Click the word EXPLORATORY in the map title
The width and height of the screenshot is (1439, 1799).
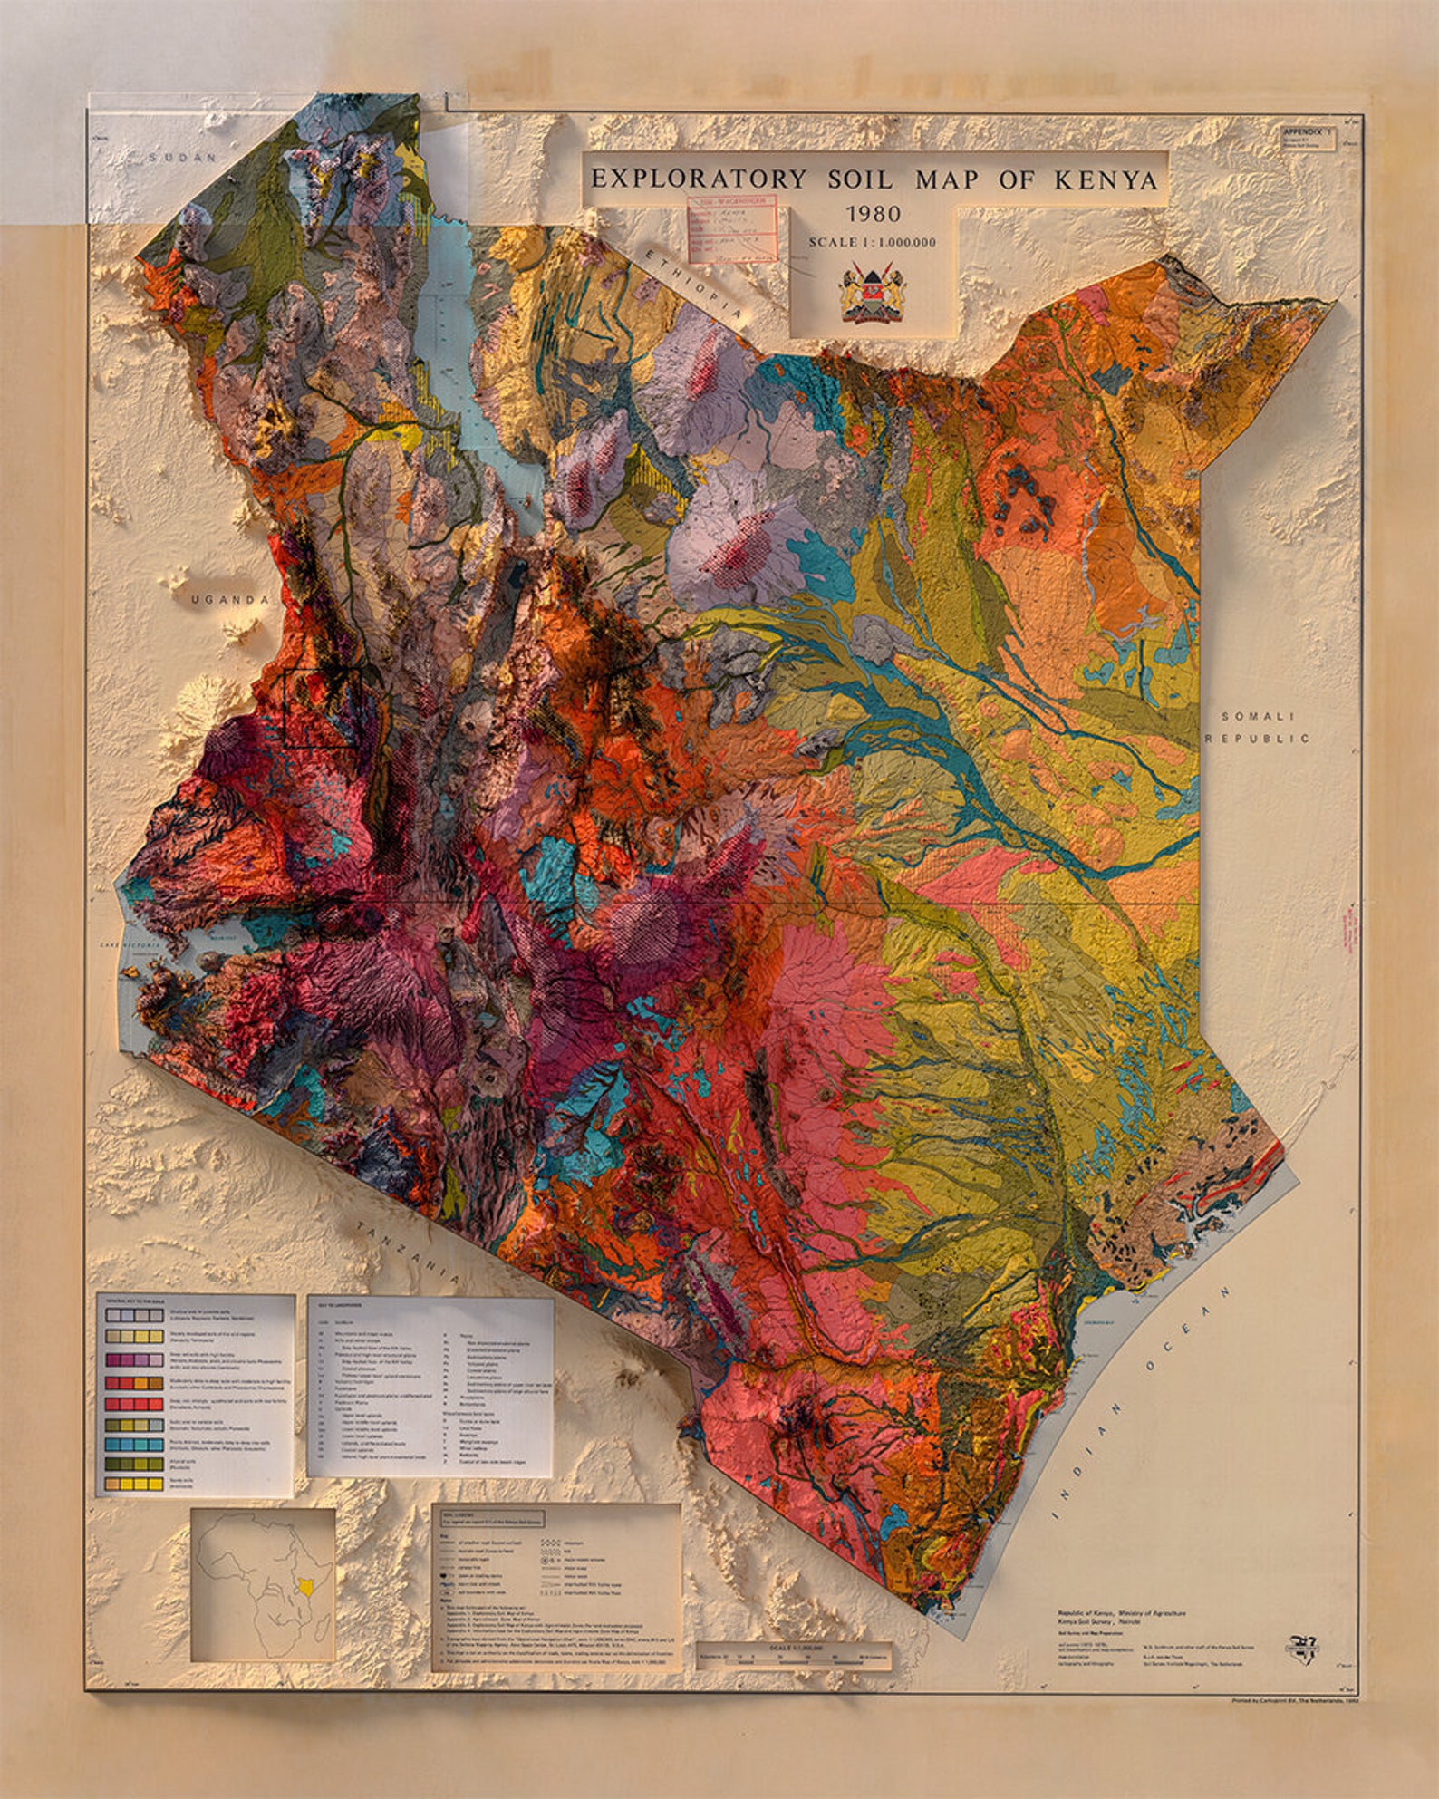pos(698,179)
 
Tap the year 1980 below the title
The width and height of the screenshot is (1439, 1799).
pos(873,215)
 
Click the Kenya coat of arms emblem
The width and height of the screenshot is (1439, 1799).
pos(873,292)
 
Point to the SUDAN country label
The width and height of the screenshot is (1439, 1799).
pos(184,158)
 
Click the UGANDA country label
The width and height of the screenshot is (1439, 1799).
pos(229,600)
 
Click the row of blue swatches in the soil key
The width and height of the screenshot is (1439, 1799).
pos(134,1445)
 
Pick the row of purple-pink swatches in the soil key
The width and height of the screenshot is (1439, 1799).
pos(134,1360)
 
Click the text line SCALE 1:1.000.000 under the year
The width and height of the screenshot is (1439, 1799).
pos(872,242)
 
